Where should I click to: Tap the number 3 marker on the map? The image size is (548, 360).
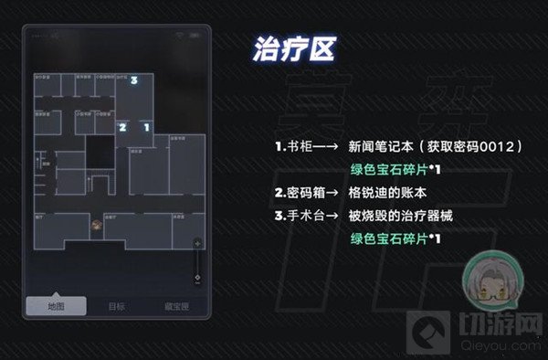point(134,81)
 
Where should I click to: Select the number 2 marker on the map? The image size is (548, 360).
point(123,128)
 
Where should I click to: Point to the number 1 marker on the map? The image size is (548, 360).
point(146,128)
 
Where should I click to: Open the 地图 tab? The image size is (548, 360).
point(57,307)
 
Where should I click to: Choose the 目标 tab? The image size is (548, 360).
point(117,307)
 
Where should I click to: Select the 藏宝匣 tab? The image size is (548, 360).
point(177,307)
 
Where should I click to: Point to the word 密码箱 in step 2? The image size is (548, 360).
point(304,193)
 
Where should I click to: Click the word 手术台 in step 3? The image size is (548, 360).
point(304,216)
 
